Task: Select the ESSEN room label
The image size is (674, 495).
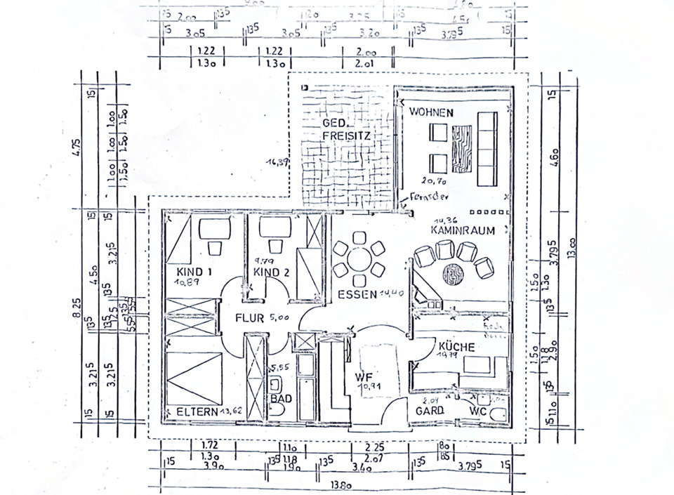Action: click(x=357, y=293)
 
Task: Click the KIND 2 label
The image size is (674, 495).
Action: click(x=272, y=272)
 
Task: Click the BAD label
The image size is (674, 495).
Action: click(x=281, y=397)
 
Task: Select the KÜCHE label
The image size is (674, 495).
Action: click(x=456, y=347)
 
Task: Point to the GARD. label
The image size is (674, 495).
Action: click(x=431, y=410)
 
